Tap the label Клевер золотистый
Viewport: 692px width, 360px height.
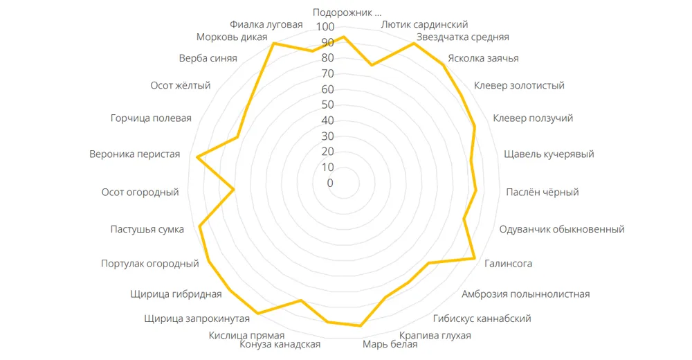pos(519,86)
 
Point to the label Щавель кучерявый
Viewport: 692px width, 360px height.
pos(549,154)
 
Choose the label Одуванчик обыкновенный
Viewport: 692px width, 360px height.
pos(562,229)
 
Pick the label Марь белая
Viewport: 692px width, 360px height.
pos(390,345)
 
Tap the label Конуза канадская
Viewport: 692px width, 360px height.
pos(280,345)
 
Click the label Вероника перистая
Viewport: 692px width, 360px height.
pos(135,154)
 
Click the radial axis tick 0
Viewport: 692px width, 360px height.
pos(330,183)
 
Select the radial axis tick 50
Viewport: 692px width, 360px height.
pos(325,105)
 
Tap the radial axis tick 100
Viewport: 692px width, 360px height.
pos(325,27)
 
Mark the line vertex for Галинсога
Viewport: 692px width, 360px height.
pos(475,259)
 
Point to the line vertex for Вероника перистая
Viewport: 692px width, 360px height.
pos(198,157)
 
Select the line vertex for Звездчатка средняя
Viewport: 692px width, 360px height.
pos(414,44)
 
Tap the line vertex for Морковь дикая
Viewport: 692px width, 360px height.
pos(274,44)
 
